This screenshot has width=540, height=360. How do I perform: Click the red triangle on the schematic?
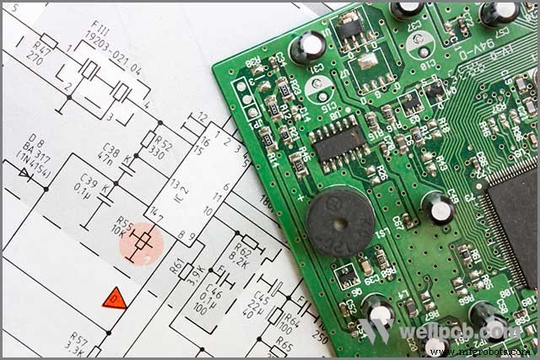(114, 298)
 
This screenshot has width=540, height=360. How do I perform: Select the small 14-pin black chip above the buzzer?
(339, 144)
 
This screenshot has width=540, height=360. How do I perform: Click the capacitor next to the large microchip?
(439, 207)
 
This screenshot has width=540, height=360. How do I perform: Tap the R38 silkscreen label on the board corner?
(251, 62)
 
